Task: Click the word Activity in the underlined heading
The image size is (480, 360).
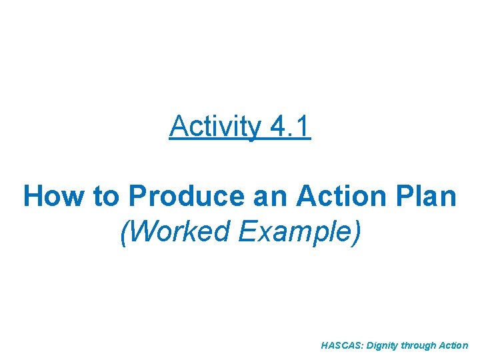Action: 215,127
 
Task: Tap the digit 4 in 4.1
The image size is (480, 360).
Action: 279,127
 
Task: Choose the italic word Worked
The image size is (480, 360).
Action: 173,231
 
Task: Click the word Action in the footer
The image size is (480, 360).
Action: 455,346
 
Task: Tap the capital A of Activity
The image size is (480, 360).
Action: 178,127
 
